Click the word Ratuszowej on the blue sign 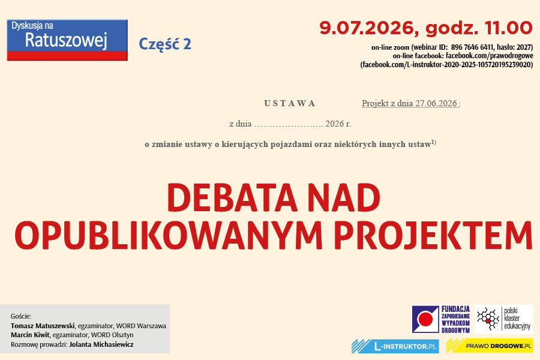pyautogui.click(x=66, y=41)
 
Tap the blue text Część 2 pyautogui.click(x=164, y=44)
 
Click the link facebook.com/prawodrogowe pyautogui.click(x=490, y=56)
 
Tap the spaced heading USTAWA pyautogui.click(x=289, y=103)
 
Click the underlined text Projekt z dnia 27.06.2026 pyautogui.click(x=409, y=103)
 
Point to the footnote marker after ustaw pyautogui.click(x=434, y=142)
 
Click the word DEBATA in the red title pyautogui.click(x=232, y=198)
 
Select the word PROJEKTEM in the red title pyautogui.click(x=433, y=235)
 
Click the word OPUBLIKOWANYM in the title pyautogui.click(x=169, y=235)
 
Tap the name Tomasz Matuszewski pyautogui.click(x=43, y=326)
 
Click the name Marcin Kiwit pyautogui.click(x=30, y=335)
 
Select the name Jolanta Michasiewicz pyautogui.click(x=101, y=344)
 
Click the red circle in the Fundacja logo pyautogui.click(x=425, y=319)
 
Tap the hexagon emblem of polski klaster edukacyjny pyautogui.click(x=488, y=319)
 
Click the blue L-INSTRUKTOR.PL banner pyautogui.click(x=395, y=346)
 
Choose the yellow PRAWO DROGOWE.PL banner pyautogui.click(x=490, y=346)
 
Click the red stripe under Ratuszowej pyautogui.click(x=67, y=56)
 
